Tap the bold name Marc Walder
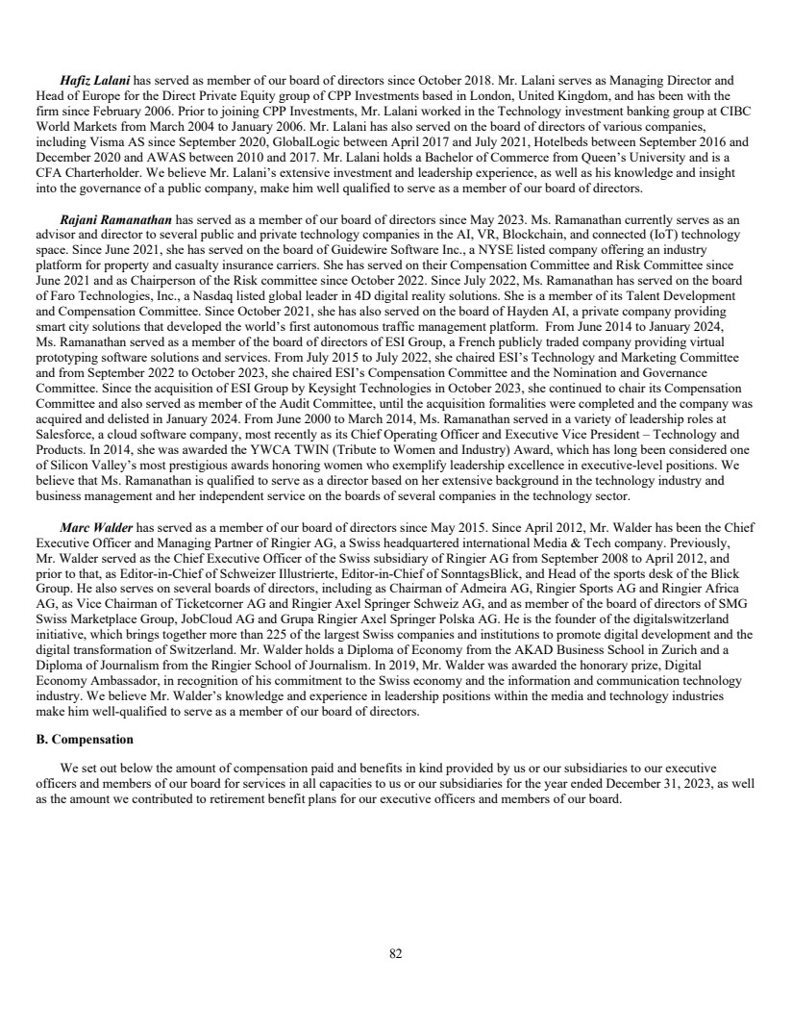[x=97, y=528]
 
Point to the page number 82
[x=395, y=953]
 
